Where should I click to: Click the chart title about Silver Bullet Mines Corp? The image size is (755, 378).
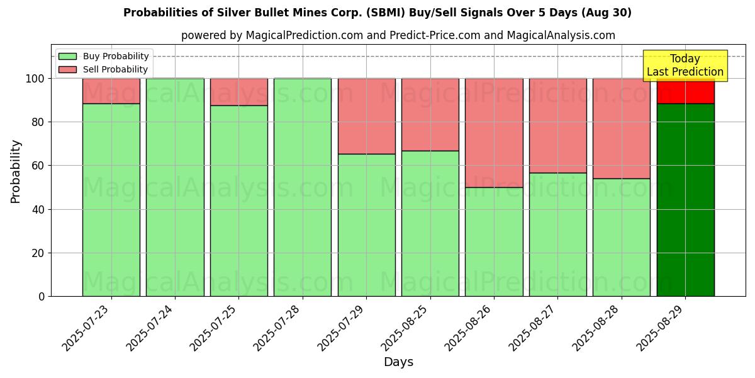[377, 13]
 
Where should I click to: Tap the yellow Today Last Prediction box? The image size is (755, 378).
[685, 66]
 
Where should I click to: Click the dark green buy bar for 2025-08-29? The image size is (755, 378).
[685, 200]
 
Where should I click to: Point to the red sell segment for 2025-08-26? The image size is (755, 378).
[494, 132]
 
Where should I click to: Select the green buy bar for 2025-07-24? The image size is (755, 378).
[175, 187]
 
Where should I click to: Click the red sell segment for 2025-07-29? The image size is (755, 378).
[366, 116]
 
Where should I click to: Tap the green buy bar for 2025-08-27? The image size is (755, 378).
[557, 234]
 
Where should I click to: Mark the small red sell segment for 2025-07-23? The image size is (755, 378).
[111, 91]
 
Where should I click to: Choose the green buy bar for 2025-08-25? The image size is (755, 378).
[430, 223]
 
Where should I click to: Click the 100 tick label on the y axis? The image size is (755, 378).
[36, 79]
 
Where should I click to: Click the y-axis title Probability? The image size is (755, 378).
[16, 171]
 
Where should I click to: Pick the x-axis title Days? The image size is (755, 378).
[398, 362]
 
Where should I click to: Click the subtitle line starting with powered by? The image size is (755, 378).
[398, 35]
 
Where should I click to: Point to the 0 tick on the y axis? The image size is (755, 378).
[42, 296]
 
